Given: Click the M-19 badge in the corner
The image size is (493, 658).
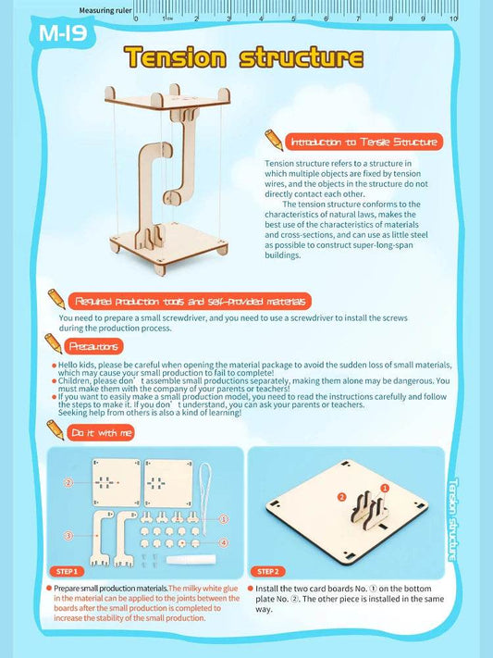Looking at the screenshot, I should (60, 33).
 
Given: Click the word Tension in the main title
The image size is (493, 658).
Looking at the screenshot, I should (176, 57).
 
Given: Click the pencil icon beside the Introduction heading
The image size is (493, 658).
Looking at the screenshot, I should (274, 140).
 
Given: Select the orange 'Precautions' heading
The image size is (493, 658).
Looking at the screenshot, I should (93, 346).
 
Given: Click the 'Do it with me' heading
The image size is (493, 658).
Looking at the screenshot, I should (102, 432).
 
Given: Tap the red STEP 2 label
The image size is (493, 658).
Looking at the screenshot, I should (269, 572).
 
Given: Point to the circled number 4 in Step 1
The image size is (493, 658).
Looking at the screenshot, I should (223, 542).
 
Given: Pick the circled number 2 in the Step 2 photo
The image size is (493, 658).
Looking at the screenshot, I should (341, 497).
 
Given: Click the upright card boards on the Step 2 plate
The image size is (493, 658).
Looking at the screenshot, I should (367, 506).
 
